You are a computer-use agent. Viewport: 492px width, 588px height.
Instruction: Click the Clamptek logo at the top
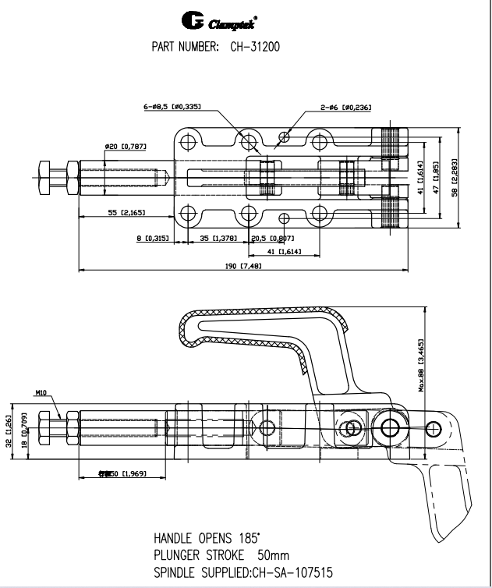[x=216, y=17]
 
